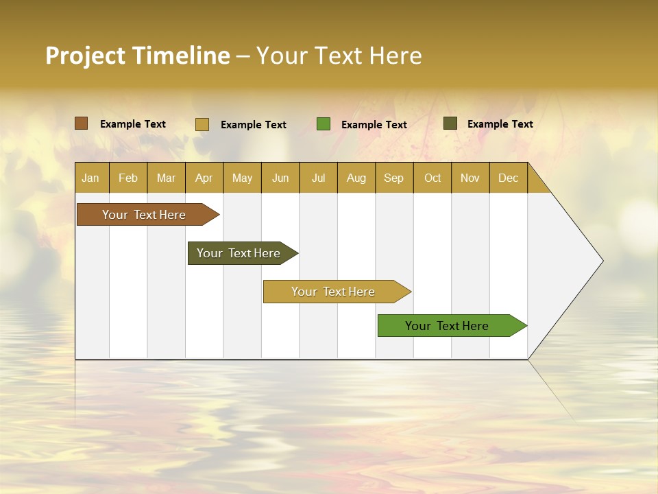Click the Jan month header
tap(90, 178)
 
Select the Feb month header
tap(128, 178)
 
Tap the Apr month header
tap(204, 178)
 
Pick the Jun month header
tap(280, 178)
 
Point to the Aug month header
tap(356, 178)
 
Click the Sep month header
tap(394, 178)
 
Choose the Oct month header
tap(432, 178)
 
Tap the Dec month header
tap(509, 178)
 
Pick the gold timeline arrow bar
tap(334, 292)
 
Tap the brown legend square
tap(82, 123)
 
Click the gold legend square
tap(202, 124)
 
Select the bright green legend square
tap(324, 124)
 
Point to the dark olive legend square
tap(450, 123)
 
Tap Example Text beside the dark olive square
tap(500, 124)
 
